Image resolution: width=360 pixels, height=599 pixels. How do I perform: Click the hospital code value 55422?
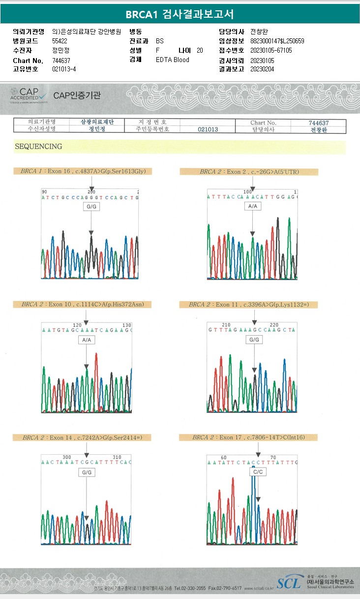tap(60, 41)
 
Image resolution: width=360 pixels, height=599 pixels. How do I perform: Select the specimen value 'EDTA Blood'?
tap(172, 60)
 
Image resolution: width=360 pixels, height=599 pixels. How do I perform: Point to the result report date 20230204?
tap(262, 69)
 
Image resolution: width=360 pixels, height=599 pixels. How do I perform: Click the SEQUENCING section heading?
tap(38, 147)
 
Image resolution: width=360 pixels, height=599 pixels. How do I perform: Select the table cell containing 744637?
tap(318, 123)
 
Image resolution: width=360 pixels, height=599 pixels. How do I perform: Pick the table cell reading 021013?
tap(208, 129)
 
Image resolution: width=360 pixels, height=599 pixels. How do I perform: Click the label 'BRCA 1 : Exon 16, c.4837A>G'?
tap(83, 171)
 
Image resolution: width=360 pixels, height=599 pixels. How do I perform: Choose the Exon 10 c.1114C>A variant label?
tap(82, 304)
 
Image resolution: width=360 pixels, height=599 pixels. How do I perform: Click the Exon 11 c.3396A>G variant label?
tap(248, 305)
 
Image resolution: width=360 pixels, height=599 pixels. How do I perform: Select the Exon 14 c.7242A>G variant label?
tap(82, 437)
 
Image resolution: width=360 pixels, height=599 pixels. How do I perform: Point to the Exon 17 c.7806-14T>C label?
tap(248, 437)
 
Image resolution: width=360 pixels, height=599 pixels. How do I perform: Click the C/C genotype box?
tap(258, 472)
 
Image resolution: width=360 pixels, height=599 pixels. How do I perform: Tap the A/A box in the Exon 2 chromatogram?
tap(253, 206)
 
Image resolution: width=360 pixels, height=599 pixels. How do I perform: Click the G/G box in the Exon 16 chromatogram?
tap(91, 207)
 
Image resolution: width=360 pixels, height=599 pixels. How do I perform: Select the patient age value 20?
tap(199, 50)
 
